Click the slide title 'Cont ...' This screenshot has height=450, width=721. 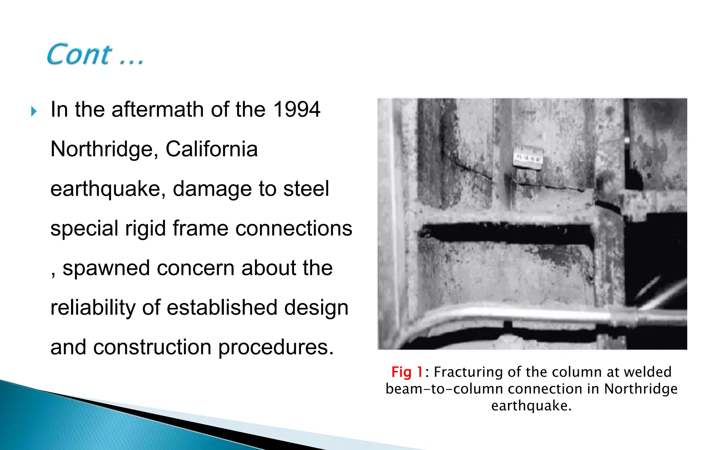coord(95,54)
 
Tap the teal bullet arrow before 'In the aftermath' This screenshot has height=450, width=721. coord(34,111)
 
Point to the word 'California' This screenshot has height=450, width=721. coord(212,149)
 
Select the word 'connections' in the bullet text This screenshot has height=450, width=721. coord(294,229)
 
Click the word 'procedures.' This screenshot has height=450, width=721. coord(276,347)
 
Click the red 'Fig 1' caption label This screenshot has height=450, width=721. coord(407,372)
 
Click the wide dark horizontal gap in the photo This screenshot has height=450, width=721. coord(507,232)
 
